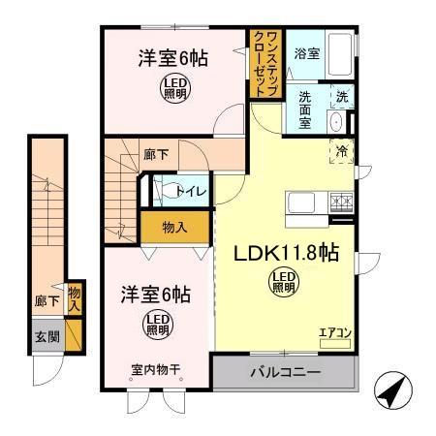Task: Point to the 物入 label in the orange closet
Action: (x=174, y=229)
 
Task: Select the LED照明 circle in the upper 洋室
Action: (x=173, y=88)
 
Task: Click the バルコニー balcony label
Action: (x=285, y=373)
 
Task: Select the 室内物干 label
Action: (x=156, y=368)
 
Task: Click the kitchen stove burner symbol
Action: (x=342, y=202)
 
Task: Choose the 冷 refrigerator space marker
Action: (x=342, y=150)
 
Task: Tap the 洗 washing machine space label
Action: (x=342, y=97)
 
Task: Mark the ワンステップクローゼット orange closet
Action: (x=265, y=64)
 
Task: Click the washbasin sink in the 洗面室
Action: (x=335, y=122)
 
